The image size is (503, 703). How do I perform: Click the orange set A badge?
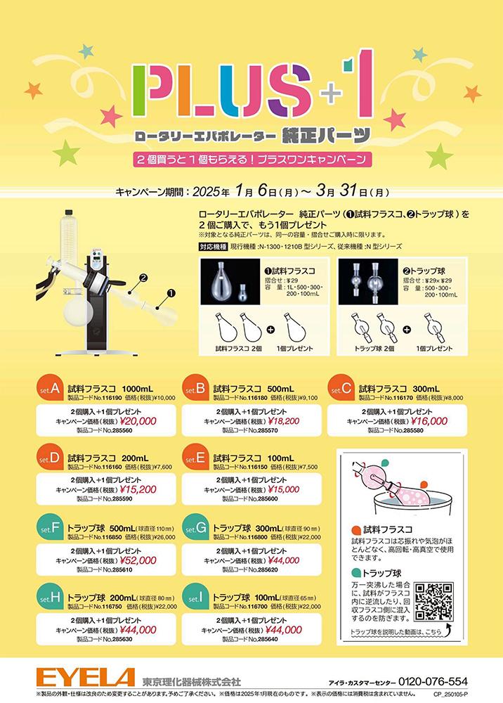50,389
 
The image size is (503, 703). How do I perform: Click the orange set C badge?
341,389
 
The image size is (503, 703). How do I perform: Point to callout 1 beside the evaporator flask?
171,288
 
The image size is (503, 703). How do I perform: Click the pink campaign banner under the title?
251,159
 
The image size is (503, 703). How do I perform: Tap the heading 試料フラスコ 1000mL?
110,388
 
